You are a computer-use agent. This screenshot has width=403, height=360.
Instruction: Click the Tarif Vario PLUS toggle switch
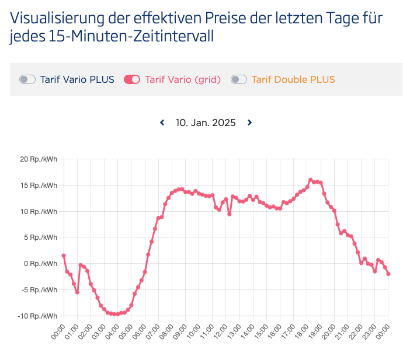coord(27,79)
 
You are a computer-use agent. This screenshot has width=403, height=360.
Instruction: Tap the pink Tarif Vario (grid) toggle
coord(132,79)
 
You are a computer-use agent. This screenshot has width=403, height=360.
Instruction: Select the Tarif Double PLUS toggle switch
coord(239,79)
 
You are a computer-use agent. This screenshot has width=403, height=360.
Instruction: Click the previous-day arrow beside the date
coord(162,123)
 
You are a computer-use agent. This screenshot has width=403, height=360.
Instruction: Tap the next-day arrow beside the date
coord(249,123)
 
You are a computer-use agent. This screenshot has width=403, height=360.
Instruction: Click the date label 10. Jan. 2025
coord(206,123)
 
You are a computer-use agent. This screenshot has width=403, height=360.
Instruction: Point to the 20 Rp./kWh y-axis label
coord(39,159)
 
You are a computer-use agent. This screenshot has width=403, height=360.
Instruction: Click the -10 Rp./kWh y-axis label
coord(37,316)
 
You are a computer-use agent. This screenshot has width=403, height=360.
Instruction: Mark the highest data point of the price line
coord(310,180)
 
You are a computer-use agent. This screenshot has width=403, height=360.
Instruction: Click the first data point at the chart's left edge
coord(63,256)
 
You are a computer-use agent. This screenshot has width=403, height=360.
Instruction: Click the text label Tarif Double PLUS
coord(293,79)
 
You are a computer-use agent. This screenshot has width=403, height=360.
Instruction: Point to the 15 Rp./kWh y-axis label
coord(39,186)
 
